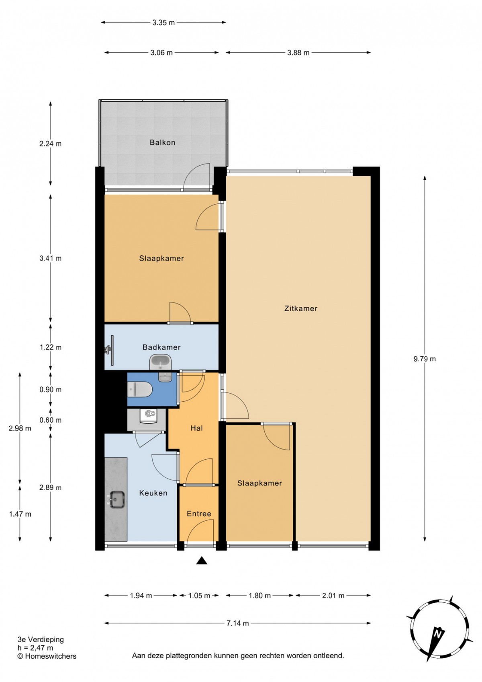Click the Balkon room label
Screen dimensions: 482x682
coord(162,142)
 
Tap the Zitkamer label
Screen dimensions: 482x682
coord(301,308)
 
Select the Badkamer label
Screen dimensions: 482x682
coord(161,347)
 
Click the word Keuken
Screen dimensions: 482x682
coord(153,493)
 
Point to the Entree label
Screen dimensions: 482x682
coord(199,514)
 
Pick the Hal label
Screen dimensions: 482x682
coord(196,428)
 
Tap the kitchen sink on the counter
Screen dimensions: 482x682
coord(117,499)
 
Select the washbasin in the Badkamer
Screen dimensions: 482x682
coord(161,363)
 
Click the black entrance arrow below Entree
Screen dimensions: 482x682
coord(202,561)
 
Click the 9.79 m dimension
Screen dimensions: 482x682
coord(425,359)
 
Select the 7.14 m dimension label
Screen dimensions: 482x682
coord(237,623)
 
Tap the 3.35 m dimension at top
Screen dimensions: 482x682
coord(163,22)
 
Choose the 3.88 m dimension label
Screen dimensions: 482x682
coord(298,53)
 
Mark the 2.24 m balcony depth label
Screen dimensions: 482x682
coord(51,144)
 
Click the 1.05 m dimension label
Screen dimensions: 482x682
coord(199,595)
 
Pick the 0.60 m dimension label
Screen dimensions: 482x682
coord(51,420)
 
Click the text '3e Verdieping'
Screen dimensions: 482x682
coord(41,639)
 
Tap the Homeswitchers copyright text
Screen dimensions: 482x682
coord(47,656)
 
